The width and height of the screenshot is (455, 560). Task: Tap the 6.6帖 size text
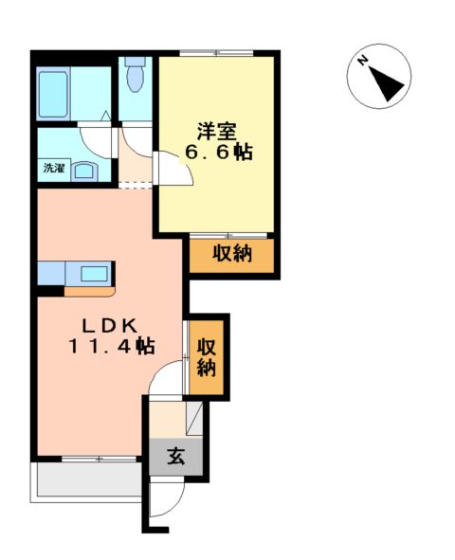[x=218, y=153]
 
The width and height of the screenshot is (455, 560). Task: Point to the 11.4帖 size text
[x=111, y=347]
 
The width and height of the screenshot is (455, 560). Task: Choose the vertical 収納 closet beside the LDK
[x=207, y=357]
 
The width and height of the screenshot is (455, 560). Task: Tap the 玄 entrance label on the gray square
[x=175, y=456]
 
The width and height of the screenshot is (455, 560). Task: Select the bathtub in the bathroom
[x=60, y=92]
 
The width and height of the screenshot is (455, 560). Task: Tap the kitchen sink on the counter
[x=94, y=274]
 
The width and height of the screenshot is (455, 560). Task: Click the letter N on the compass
[x=363, y=62]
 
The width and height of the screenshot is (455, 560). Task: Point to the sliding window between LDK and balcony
[x=99, y=459]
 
